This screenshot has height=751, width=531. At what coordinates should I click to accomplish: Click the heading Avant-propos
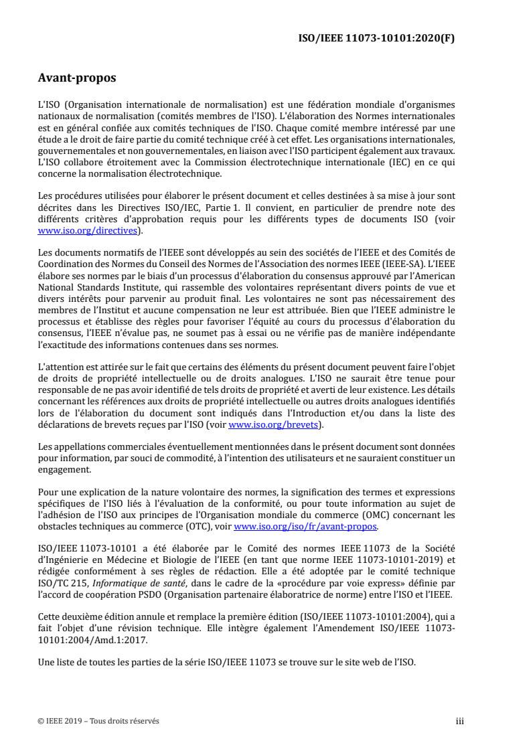point(77,78)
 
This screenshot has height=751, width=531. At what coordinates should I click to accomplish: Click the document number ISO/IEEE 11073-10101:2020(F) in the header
point(376,39)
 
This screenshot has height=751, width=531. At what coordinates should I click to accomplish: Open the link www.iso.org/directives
point(89,231)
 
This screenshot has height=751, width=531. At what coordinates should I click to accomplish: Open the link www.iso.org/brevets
point(275,424)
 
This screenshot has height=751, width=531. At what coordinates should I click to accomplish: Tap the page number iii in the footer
point(459,721)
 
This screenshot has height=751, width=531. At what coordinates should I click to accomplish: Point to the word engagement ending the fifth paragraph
point(64,470)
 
